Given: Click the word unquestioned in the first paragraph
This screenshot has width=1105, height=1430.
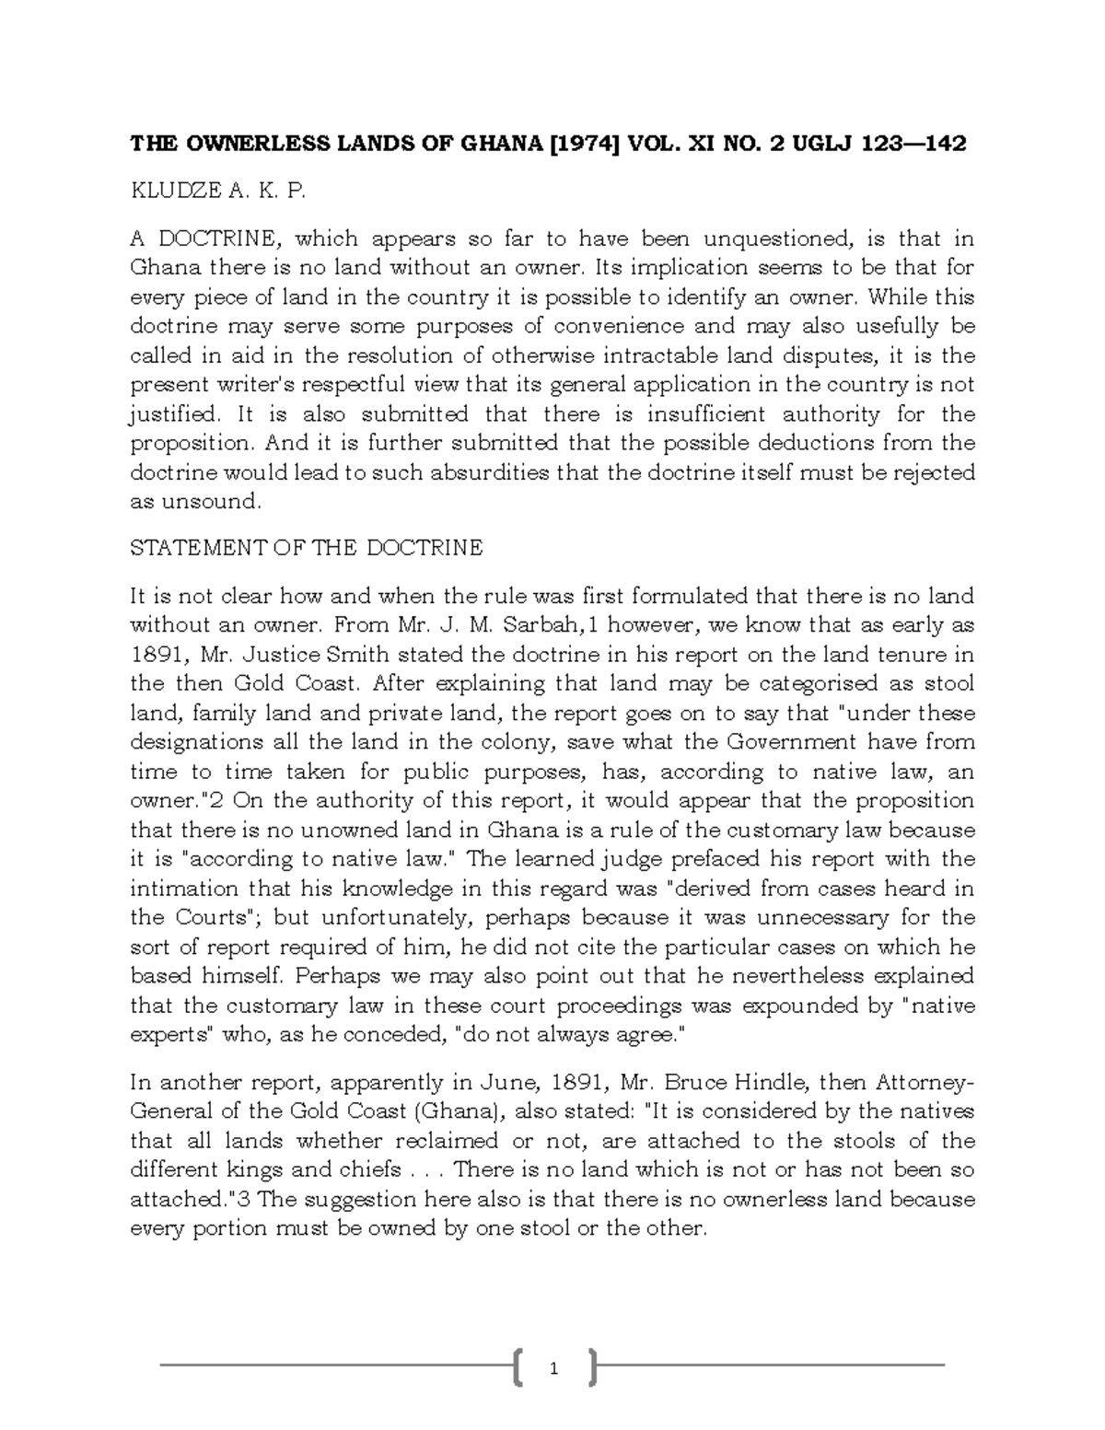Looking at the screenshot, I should click(x=780, y=239).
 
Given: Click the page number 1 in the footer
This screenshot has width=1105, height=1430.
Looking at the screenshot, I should click(x=553, y=1369).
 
